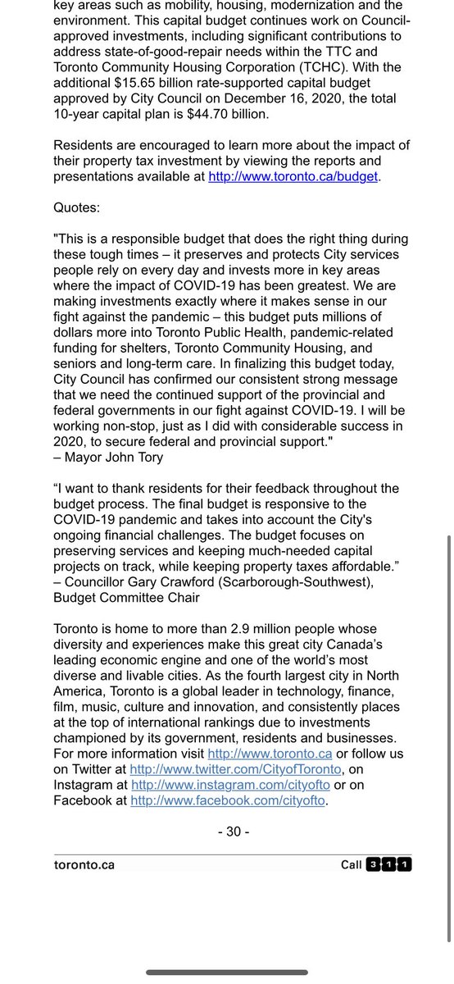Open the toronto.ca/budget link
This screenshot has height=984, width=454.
tap(294, 175)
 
